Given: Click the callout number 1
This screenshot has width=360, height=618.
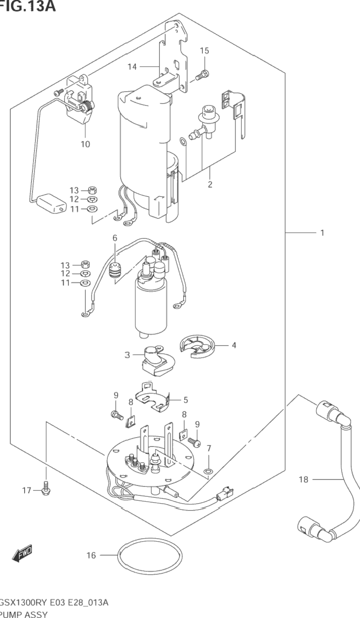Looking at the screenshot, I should pyautogui.click(x=322, y=233).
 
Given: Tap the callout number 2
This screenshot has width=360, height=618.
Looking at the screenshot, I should pyautogui.click(x=210, y=185).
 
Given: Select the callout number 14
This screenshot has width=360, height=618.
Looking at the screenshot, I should pyautogui.click(x=132, y=66).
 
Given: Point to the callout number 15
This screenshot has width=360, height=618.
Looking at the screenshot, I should pyautogui.click(x=204, y=51).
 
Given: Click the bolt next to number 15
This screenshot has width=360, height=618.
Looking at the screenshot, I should pyautogui.click(x=202, y=75).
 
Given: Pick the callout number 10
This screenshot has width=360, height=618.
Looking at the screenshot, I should pyautogui.click(x=86, y=144).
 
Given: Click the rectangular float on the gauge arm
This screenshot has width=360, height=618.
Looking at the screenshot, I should pyautogui.click(x=52, y=203).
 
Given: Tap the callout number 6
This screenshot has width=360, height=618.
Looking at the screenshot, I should pyautogui.click(x=115, y=239).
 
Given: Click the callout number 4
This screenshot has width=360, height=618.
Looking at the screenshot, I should pyautogui.click(x=234, y=345).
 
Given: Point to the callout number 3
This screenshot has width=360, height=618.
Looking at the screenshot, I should pyautogui.click(x=128, y=354).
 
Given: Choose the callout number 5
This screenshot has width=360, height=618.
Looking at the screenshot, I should pyautogui.click(x=186, y=400).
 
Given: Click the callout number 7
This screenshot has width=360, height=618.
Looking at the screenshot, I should pyautogui.click(x=209, y=448).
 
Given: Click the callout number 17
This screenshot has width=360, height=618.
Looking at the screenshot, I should pyautogui.click(x=26, y=490).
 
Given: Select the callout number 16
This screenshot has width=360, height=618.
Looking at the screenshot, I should pyautogui.click(x=91, y=555).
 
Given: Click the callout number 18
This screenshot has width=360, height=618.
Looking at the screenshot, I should pyautogui.click(x=304, y=479).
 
